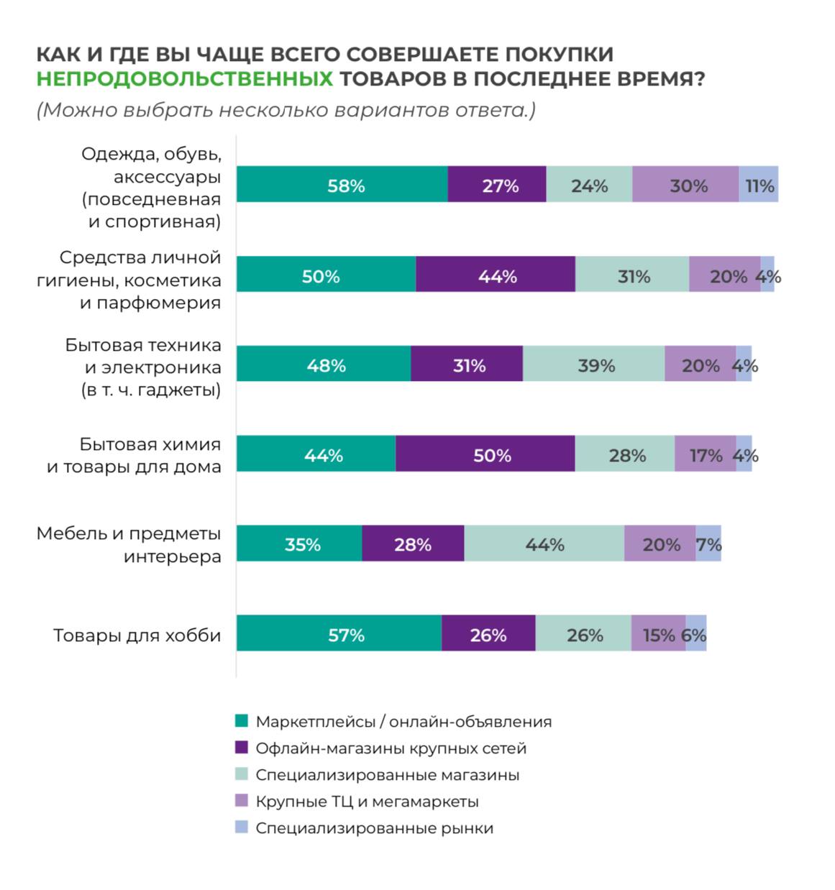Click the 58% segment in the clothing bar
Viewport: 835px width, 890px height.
(342, 185)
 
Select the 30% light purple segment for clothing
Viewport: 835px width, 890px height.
(685, 185)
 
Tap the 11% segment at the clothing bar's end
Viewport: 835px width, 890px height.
(758, 185)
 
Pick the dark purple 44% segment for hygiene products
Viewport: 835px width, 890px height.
(496, 275)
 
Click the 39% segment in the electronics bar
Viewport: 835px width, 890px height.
(593, 364)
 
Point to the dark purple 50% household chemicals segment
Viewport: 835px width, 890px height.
(485, 454)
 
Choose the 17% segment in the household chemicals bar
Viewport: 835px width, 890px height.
(705, 454)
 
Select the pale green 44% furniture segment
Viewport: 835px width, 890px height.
(544, 543)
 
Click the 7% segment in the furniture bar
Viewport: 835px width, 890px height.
(708, 543)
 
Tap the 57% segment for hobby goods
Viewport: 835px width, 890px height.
(339, 633)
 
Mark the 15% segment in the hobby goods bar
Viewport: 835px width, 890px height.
(658, 633)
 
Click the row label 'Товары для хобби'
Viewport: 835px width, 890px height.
(137, 636)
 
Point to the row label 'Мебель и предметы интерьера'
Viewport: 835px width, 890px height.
(129, 545)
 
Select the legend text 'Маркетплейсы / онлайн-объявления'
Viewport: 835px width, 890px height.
(403, 722)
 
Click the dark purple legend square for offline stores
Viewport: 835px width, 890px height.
(242, 748)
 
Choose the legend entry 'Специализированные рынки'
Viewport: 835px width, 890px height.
(374, 828)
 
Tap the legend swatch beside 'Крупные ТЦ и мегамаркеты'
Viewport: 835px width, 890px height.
(242, 801)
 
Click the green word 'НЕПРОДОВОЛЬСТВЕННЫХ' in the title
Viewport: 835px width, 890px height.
(185, 78)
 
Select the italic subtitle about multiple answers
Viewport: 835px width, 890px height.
(286, 111)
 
